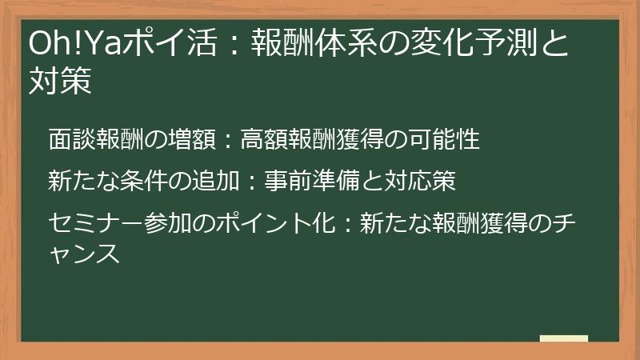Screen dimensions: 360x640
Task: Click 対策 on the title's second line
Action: point(61,81)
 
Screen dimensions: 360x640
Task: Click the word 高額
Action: point(265,140)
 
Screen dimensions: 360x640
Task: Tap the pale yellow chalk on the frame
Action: point(563,338)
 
